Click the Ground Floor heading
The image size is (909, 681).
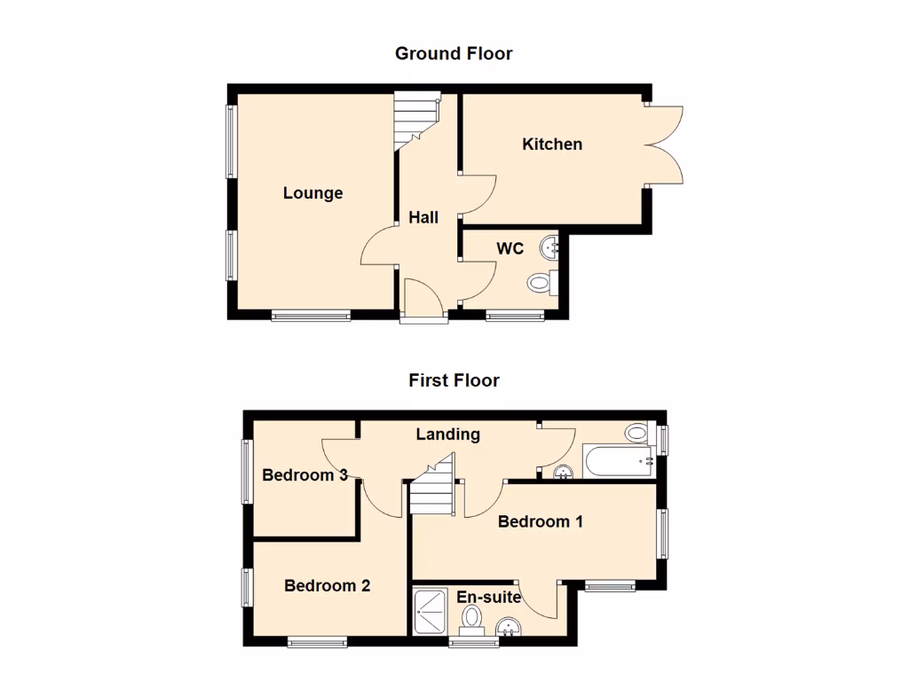pyautogui.click(x=454, y=54)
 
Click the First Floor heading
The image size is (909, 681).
pyautogui.click(x=454, y=380)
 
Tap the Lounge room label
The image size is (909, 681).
pyautogui.click(x=312, y=193)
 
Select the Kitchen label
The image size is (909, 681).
pyautogui.click(x=552, y=144)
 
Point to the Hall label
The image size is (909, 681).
pyautogui.click(x=423, y=217)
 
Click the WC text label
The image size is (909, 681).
pyautogui.click(x=510, y=248)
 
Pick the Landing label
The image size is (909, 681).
pyautogui.click(x=448, y=434)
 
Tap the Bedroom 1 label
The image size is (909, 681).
pyautogui.click(x=540, y=521)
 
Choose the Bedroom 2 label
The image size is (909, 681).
pyautogui.click(x=327, y=585)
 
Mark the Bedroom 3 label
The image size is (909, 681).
pyautogui.click(x=304, y=475)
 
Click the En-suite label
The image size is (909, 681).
pyautogui.click(x=488, y=598)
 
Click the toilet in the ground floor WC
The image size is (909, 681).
pyautogui.click(x=541, y=284)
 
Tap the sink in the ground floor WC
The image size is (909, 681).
pyautogui.click(x=553, y=246)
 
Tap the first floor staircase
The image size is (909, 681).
pyautogui.click(x=432, y=491)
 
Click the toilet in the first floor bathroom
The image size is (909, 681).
pyautogui.click(x=636, y=434)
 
